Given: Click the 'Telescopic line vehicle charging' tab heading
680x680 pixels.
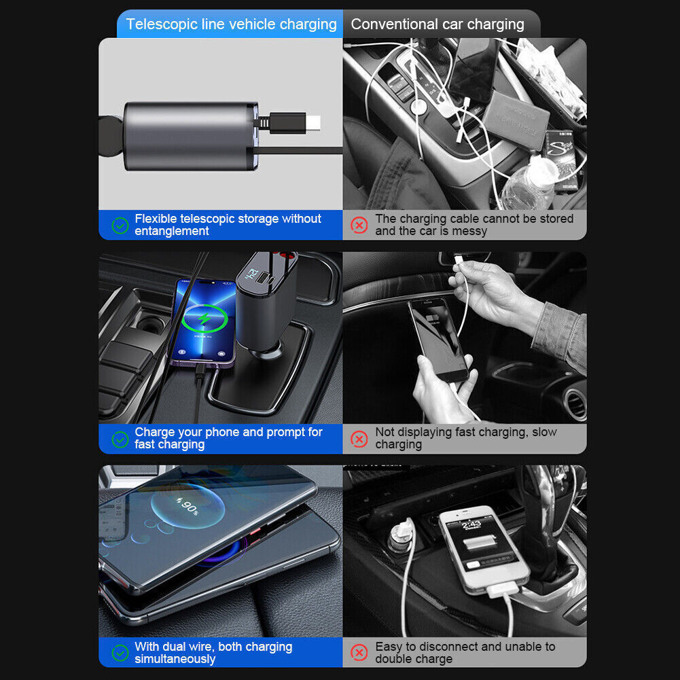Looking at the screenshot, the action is click(231, 24).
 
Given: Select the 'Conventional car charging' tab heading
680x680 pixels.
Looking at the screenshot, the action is click(437, 24).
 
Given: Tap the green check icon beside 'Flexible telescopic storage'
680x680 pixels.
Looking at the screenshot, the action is click(120, 226).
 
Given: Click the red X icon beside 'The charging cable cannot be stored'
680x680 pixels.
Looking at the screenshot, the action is click(359, 225).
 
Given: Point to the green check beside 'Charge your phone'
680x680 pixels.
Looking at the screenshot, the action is click(120, 440).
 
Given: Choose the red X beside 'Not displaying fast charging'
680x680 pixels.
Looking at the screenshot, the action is click(359, 439).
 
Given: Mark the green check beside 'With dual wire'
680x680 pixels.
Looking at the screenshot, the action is click(120, 653).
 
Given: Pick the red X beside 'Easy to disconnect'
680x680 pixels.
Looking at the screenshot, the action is click(359, 652).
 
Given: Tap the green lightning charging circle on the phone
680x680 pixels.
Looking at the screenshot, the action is click(204, 319).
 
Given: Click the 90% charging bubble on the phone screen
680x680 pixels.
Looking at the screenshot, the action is click(187, 505).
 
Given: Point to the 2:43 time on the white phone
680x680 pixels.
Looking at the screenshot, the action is click(471, 524).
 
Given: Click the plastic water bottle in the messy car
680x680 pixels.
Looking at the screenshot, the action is click(529, 182).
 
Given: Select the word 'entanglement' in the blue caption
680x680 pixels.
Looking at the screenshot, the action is click(172, 231).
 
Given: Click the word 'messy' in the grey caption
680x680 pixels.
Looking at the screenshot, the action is click(469, 231).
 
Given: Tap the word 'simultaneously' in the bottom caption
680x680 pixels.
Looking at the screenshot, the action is click(175, 659).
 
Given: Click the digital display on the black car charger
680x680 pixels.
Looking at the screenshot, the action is click(251, 274).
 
